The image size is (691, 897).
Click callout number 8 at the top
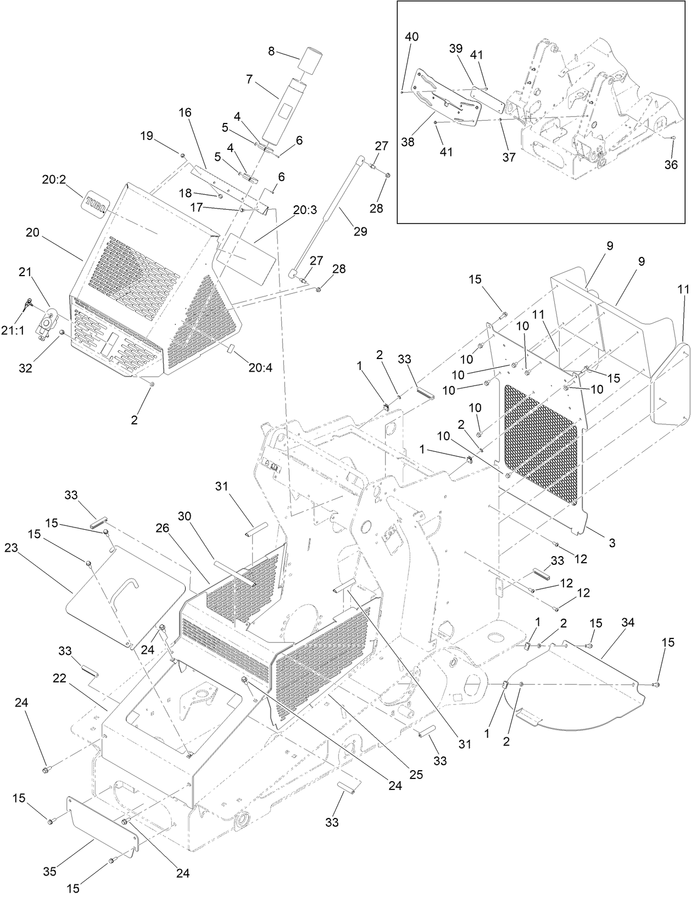click(271, 51)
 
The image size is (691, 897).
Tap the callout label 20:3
click(305, 210)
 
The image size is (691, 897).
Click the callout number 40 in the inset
click(411, 37)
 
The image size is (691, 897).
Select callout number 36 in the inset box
click(671, 164)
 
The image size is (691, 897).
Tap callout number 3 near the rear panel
click(612, 543)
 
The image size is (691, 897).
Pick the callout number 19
click(146, 136)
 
